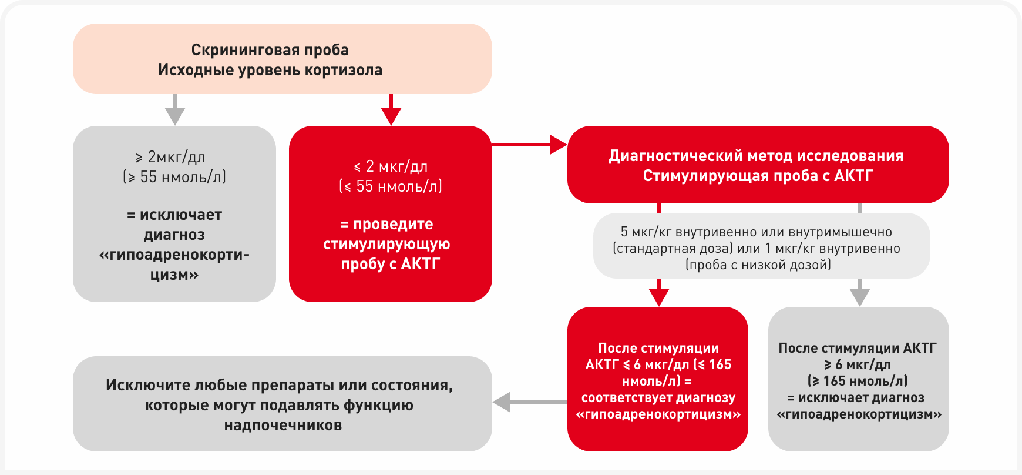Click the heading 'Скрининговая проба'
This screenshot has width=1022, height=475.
tap(270, 50)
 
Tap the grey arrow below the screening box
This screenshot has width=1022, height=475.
tap(175, 112)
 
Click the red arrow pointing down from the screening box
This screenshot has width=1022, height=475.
tap(391, 112)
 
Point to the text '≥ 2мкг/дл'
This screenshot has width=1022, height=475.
tap(170, 157)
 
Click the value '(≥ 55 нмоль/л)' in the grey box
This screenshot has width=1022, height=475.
tap(174, 177)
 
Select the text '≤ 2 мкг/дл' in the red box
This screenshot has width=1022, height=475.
tap(391, 166)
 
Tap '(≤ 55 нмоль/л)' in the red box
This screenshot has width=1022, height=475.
tap(391, 186)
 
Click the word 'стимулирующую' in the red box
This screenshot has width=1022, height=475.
tap(386, 244)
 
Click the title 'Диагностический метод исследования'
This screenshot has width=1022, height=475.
tap(755, 156)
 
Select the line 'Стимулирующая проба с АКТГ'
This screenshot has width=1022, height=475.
tap(758, 176)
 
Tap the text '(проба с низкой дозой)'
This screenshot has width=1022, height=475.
tap(758, 265)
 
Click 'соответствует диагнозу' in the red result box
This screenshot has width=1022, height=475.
tap(658, 398)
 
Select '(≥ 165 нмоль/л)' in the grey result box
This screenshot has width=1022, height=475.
tap(858, 381)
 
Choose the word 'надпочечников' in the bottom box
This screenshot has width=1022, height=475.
tap(283, 425)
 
